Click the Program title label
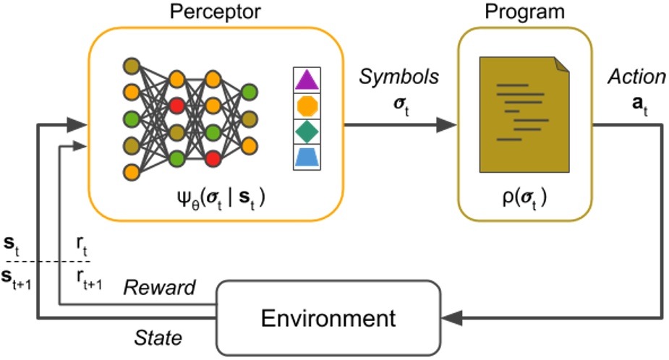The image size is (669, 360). tap(524, 12)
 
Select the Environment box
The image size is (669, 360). tap(328, 317)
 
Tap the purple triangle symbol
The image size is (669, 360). tap(307, 79)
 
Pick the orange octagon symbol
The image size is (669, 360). tap(307, 106)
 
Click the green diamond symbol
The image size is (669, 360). tap(307, 132)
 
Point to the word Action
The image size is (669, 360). tap(636, 77)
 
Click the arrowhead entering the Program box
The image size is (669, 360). tap(448, 124)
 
